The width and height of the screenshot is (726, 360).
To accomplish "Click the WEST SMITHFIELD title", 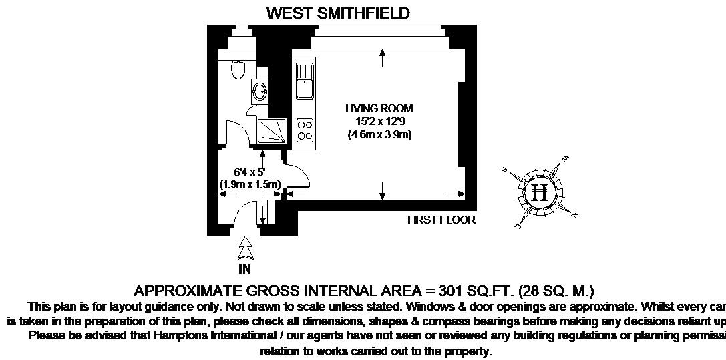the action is point(338,13).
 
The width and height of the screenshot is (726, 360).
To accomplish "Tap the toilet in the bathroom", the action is point(237,68).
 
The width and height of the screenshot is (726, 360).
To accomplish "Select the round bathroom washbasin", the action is point(259,91).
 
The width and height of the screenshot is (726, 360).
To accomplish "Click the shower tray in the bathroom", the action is point(273,132).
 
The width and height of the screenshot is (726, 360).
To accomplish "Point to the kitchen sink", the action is point(305,79).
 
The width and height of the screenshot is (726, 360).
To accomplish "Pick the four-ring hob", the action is point(305,130).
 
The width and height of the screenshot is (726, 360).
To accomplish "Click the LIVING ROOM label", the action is point(379,108).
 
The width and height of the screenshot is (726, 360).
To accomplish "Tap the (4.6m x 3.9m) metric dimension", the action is point(379,134).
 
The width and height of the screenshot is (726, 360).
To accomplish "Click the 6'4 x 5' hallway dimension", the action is point(249,172).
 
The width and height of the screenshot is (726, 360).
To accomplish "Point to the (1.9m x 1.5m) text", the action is point(249,184).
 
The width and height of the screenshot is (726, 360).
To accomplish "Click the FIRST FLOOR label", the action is point(441,220).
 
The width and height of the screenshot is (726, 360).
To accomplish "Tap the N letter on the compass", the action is point(574,214).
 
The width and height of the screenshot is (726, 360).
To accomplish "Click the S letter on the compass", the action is point(506,170).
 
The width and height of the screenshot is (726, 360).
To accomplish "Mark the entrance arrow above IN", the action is point(246,248).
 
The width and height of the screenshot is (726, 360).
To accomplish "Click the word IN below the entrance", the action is point(245,271).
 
